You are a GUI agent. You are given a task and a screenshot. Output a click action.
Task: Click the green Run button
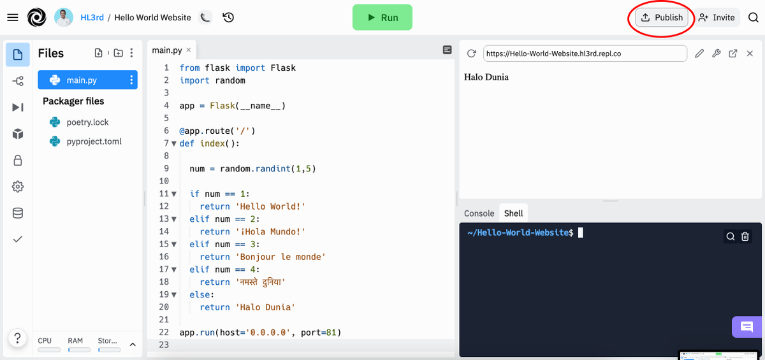coord(382,18)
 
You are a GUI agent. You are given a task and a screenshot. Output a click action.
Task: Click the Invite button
coord(717,18)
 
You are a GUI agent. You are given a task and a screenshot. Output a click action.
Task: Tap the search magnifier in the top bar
coord(753,18)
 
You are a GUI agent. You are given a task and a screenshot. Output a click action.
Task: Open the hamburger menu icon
coord(12,18)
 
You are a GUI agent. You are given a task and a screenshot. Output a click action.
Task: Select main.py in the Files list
coord(82,80)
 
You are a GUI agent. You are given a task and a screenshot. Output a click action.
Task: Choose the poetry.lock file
coord(87,122)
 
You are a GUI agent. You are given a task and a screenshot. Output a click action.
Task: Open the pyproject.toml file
coord(94,141)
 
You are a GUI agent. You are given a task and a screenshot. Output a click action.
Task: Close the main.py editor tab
coord(188,50)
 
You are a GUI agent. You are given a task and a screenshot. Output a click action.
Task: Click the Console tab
coord(479,213)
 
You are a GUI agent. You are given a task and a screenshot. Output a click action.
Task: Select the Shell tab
coord(513,213)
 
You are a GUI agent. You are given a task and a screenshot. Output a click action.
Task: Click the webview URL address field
coord(585,54)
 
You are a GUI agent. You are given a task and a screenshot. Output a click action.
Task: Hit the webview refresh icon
coord(472,54)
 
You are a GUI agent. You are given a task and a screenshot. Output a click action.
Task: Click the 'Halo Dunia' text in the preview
coord(486,77)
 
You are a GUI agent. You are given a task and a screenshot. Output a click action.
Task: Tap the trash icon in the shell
coord(745,237)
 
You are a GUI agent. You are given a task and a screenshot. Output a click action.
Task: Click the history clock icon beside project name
coord(228,18)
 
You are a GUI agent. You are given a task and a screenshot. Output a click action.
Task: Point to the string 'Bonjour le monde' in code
coord(282,257)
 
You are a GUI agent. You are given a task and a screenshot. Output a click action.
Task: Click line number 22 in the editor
coord(164,333)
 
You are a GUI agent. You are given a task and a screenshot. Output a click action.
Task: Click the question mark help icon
coord(18,338)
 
